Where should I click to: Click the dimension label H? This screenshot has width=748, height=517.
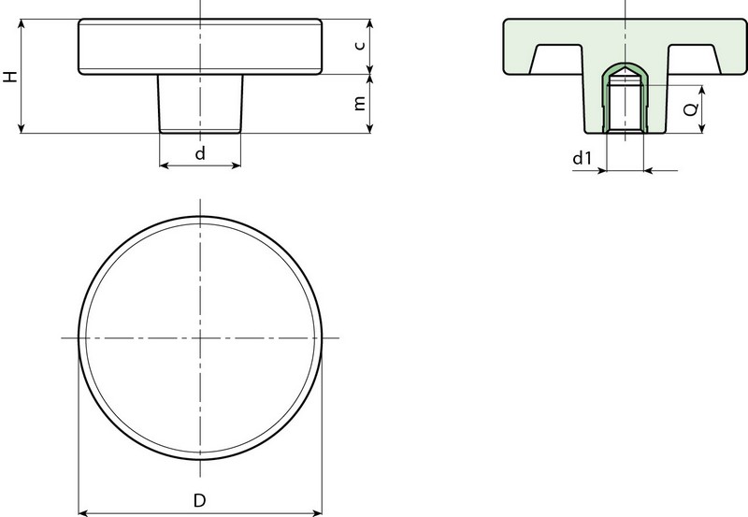(10, 77)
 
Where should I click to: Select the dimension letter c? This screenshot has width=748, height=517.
(360, 45)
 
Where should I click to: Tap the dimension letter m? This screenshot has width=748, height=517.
(360, 103)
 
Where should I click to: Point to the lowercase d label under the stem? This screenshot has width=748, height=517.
(200, 153)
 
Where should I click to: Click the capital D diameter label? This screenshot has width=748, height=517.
(199, 500)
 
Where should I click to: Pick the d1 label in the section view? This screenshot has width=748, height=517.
(582, 157)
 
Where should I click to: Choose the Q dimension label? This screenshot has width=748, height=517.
(691, 109)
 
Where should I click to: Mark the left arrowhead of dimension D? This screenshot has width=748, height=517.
(83, 513)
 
